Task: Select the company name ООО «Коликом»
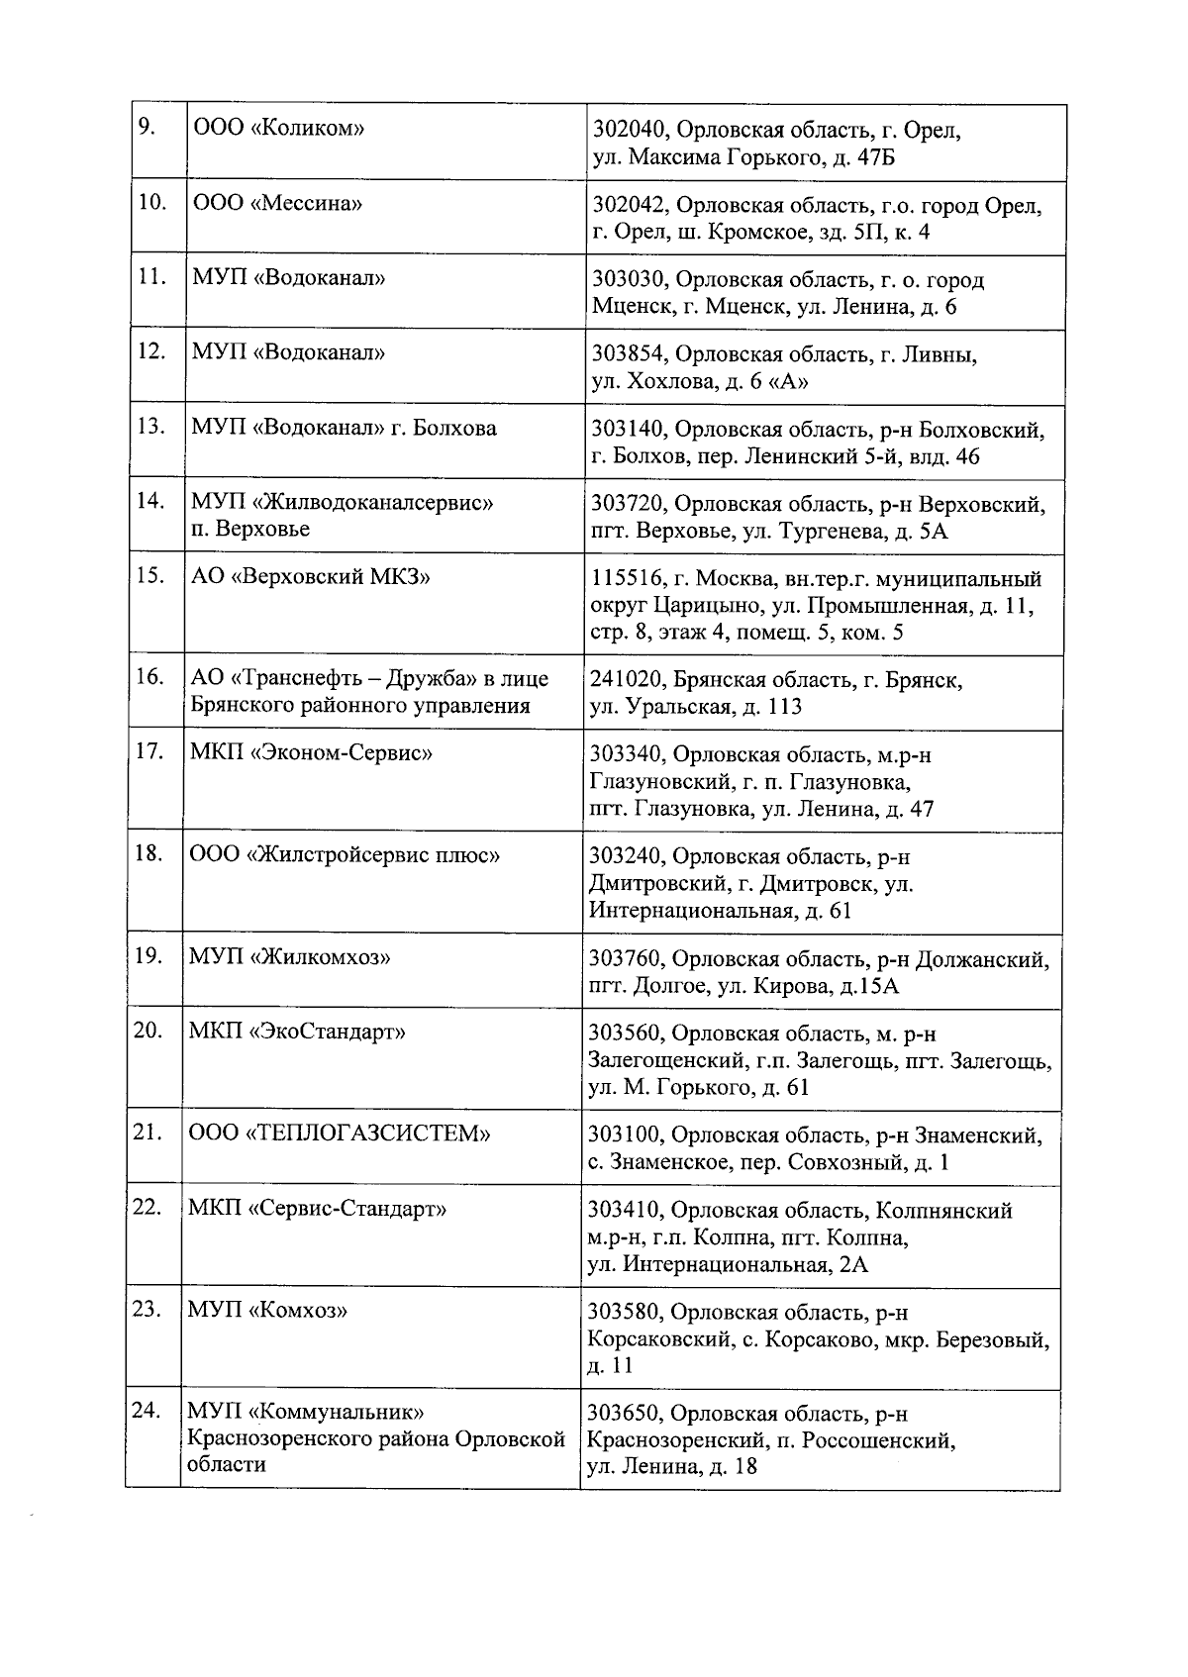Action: pyautogui.click(x=279, y=128)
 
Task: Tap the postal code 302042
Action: pyautogui.click(x=631, y=206)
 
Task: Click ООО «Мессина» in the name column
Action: pyautogui.click(x=277, y=203)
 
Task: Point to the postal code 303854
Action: pyautogui.click(x=631, y=354)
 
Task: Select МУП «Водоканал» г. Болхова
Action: pyautogui.click(x=344, y=428)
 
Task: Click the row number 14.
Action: pyautogui.click(x=150, y=501)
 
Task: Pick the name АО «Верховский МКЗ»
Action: pyautogui.click(x=310, y=576)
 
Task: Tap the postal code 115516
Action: pyautogui.click(x=630, y=578)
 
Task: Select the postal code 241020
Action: pyautogui.click(x=630, y=680)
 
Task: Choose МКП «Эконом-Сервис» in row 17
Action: pyautogui.click(x=311, y=752)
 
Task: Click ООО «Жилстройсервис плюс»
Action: pyautogui.click(x=345, y=853)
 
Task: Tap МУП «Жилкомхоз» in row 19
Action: pyautogui.click(x=289, y=957)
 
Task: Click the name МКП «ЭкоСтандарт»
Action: pyautogui.click(x=297, y=1032)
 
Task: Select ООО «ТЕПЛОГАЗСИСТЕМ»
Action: pyautogui.click(x=340, y=1133)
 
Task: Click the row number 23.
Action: pyautogui.click(x=147, y=1310)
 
